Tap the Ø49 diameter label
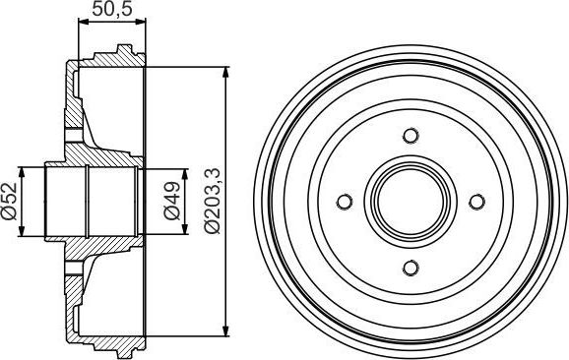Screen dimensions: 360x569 (x=171, y=202)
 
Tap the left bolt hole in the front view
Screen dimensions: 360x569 (x=345, y=202)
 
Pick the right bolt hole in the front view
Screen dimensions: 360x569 (x=476, y=202)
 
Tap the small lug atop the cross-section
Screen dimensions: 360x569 (x=123, y=50)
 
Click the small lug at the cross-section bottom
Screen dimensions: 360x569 (x=123, y=352)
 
